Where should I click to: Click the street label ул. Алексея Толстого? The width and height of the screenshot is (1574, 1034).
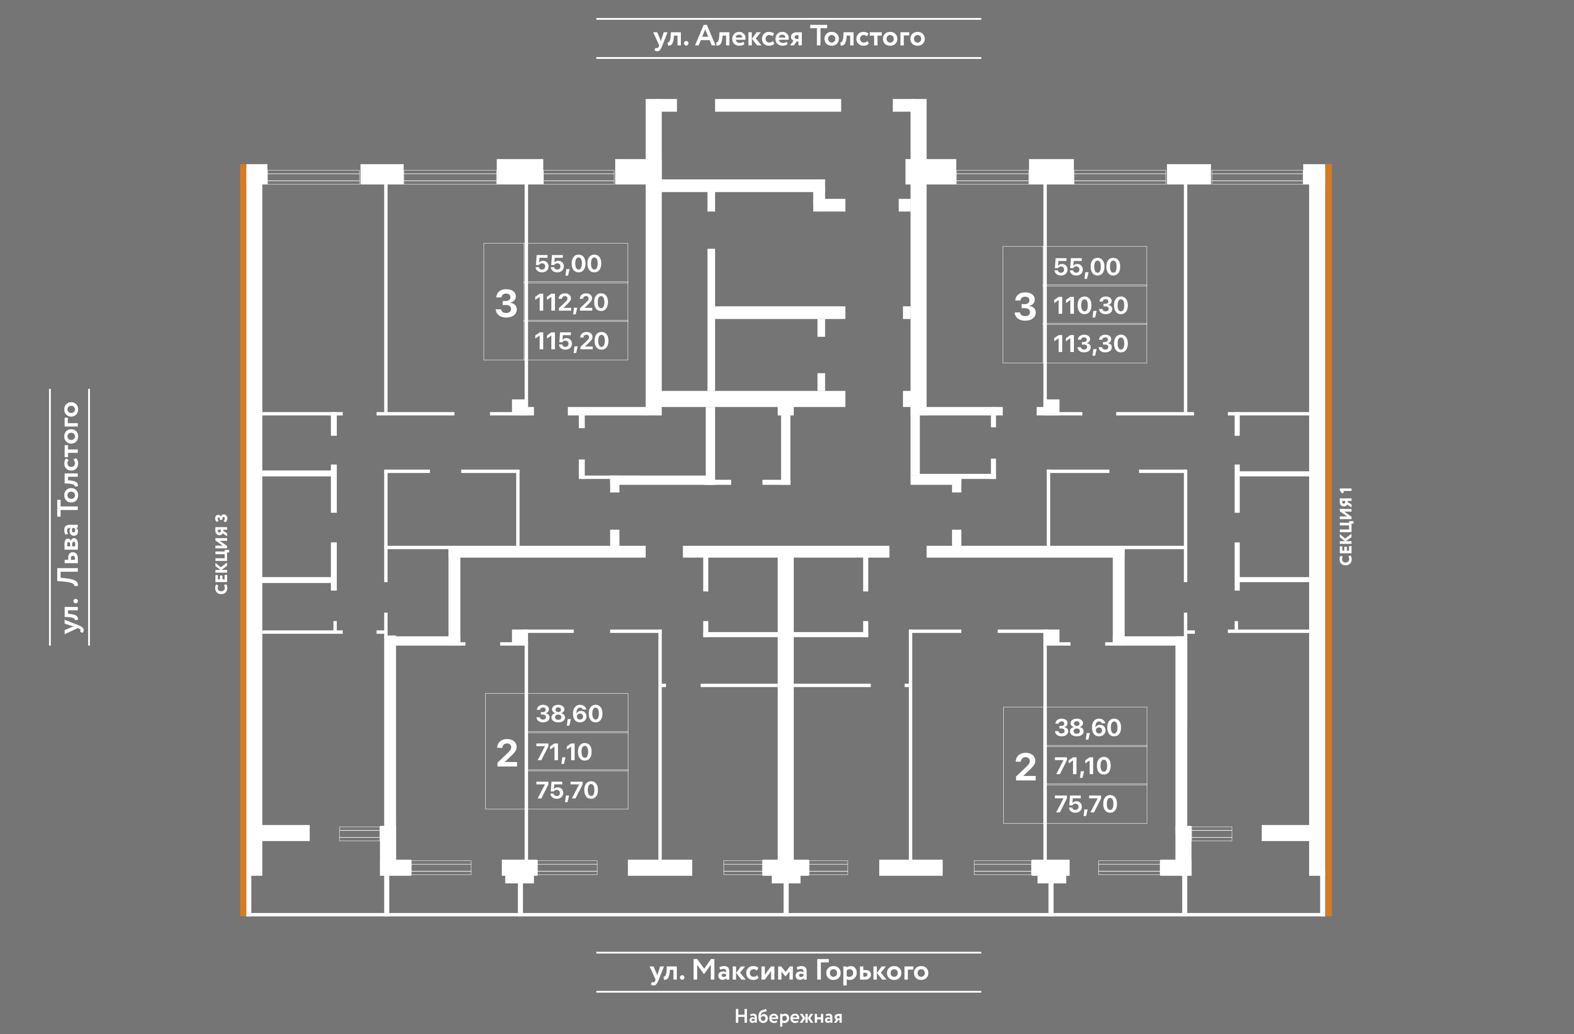tap(788, 37)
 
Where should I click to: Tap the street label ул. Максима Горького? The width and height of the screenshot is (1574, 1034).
tap(788, 971)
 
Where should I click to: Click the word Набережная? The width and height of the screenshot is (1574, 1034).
tap(788, 1016)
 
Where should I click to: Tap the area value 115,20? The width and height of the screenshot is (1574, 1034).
tap(572, 341)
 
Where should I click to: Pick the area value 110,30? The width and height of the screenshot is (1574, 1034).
tap(1091, 305)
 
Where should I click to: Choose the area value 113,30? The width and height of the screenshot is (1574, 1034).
tap(1091, 344)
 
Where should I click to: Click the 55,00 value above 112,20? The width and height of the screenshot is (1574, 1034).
tap(568, 264)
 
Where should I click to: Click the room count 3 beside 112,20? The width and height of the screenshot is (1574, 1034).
tap(506, 304)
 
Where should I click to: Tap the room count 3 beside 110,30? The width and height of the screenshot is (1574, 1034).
tap(1024, 307)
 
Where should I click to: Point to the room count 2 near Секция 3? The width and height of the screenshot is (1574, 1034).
tap(506, 753)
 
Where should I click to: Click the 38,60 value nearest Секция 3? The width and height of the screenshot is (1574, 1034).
tap(569, 714)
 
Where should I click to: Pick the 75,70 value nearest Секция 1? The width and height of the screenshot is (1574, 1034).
tap(1085, 805)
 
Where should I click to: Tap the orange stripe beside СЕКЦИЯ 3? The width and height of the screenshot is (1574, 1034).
tap(243, 539)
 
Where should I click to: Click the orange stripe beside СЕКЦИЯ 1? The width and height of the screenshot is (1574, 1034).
tap(1328, 539)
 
